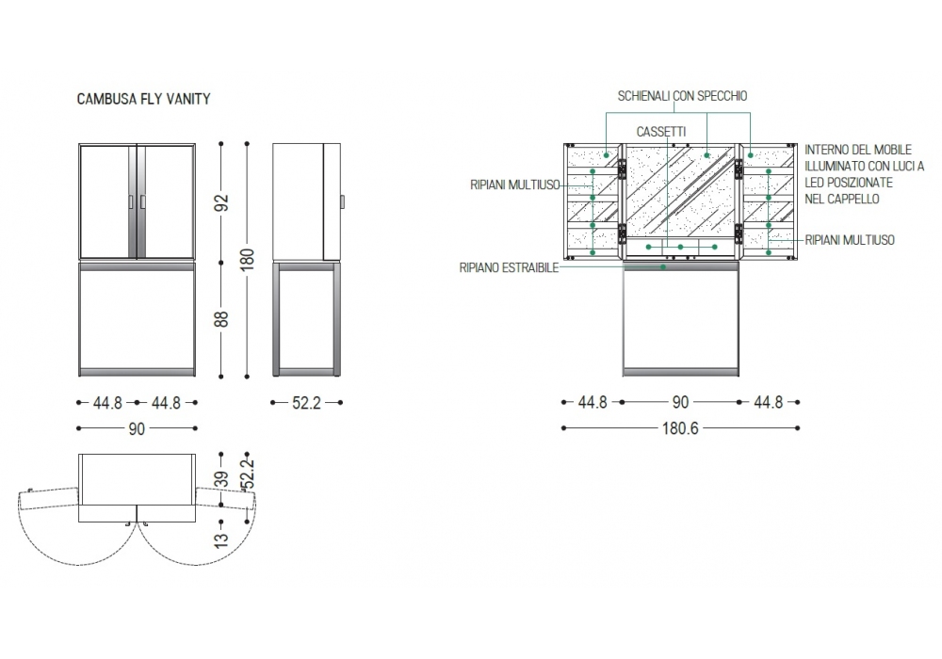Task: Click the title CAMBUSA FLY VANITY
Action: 143,99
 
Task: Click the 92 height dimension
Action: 221,202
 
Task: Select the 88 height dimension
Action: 221,319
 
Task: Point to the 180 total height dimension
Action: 248,259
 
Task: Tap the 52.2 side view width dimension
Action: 306,403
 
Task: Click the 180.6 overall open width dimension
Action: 680,428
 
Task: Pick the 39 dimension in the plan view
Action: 221,479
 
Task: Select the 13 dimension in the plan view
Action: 221,538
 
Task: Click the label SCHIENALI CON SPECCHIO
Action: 682,96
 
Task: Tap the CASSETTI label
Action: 661,132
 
